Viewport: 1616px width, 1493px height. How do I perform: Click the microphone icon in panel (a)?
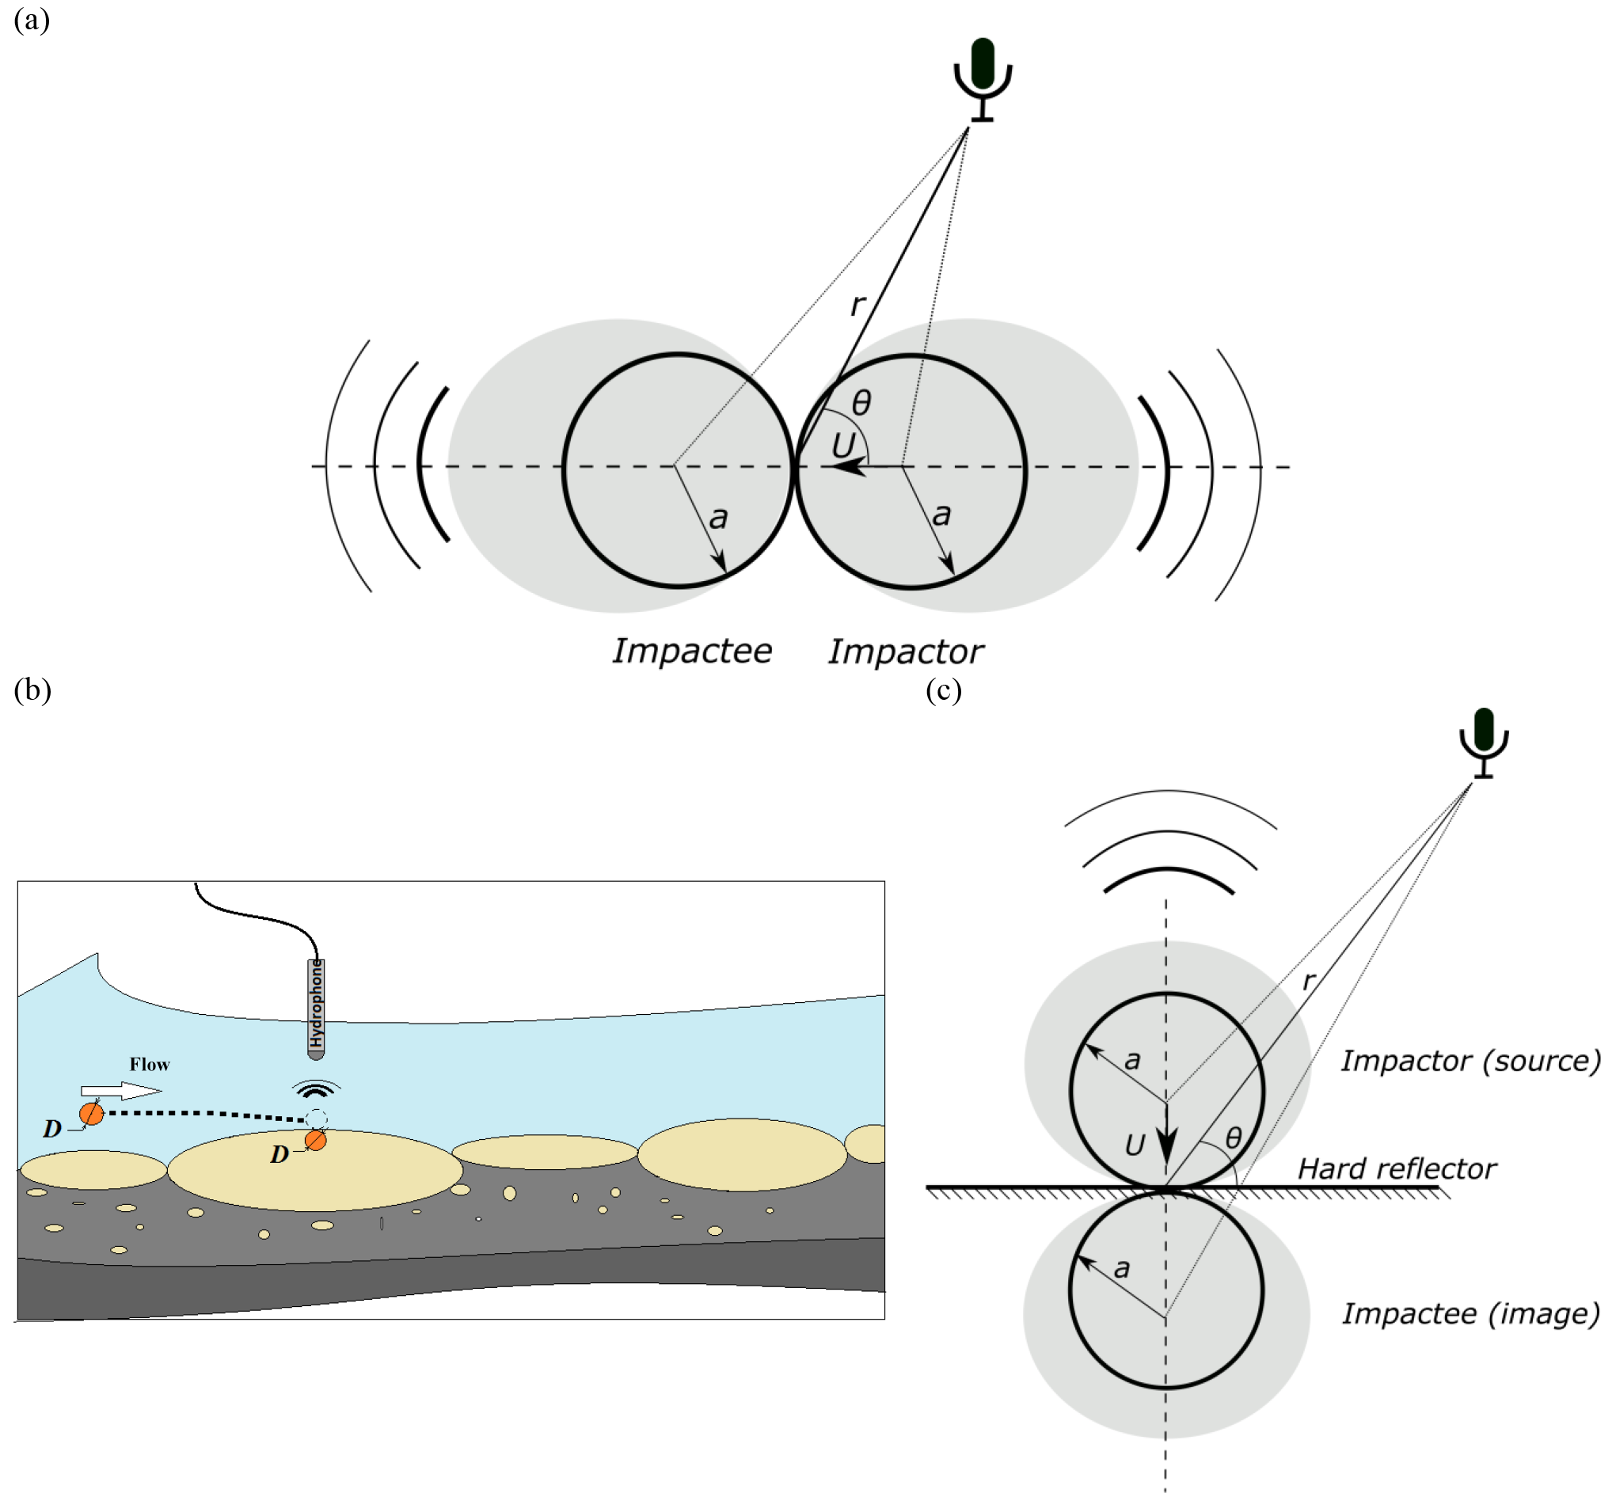[982, 78]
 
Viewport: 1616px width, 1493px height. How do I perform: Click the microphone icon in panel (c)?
[1484, 742]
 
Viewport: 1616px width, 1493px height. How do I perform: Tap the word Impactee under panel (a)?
[692, 652]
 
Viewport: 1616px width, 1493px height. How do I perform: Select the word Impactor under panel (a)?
[906, 652]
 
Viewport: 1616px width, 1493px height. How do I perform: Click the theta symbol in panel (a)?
[861, 402]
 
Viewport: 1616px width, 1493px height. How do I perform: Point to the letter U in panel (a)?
[842, 445]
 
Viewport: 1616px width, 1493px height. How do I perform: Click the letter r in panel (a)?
[857, 305]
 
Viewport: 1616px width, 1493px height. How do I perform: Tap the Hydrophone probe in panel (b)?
[316, 1008]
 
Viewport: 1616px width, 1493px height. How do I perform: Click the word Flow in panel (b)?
[150, 1065]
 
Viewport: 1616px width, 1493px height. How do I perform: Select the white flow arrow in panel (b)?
[121, 1091]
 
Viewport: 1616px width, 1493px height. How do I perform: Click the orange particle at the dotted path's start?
[91, 1115]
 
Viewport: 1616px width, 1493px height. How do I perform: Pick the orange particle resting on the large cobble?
[315, 1141]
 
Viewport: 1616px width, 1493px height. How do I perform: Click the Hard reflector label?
[1396, 1169]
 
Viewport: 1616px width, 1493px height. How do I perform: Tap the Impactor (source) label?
[1470, 1061]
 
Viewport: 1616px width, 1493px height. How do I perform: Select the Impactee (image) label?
[1470, 1313]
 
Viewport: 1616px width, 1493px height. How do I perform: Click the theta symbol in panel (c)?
[1233, 1138]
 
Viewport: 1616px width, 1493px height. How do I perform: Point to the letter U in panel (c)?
[1135, 1144]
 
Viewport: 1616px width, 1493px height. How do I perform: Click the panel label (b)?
[32, 690]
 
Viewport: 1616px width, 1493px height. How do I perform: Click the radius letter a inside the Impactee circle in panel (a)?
[718, 518]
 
